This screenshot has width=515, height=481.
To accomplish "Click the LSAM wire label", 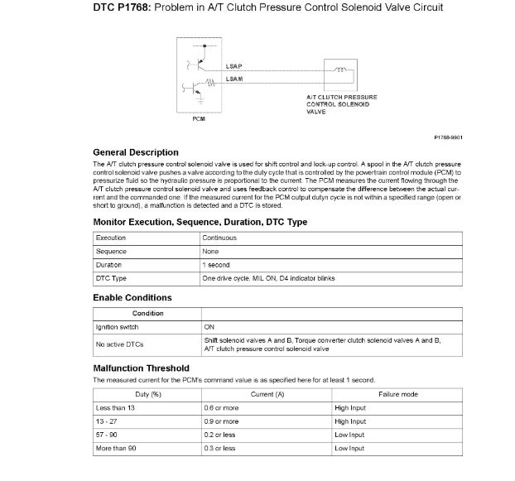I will click(x=234, y=79).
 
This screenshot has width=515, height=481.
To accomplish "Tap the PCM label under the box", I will click(x=199, y=119).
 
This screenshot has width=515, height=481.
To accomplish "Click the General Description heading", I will click(x=135, y=152).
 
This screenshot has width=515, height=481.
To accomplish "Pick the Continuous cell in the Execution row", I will click(x=219, y=238).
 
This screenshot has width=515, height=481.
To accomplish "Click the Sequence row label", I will click(x=111, y=251).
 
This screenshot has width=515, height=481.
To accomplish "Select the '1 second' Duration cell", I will click(x=217, y=265).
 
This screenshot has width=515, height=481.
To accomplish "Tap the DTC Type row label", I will click(x=112, y=278).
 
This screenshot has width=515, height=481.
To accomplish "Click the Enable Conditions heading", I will click(x=132, y=297).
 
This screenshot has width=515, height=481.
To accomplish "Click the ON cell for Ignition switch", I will click(x=209, y=327).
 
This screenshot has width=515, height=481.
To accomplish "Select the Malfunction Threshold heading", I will click(x=141, y=368).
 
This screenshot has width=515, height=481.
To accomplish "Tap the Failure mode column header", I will click(x=397, y=394).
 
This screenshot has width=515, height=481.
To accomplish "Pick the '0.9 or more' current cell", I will click(x=221, y=421).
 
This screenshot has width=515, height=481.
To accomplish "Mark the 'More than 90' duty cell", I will click(x=117, y=448).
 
